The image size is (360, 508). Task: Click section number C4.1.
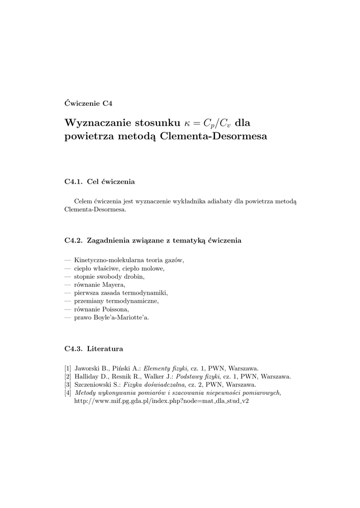point(73,182)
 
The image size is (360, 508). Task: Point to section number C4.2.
point(73,241)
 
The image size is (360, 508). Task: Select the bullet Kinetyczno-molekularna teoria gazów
point(129,260)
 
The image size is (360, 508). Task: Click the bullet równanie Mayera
point(99,285)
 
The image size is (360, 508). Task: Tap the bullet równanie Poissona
point(101,309)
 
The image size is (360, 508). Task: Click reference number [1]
point(68,368)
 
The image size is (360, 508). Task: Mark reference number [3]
point(68,384)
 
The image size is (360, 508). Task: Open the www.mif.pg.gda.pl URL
point(161,401)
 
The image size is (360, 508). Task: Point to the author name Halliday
point(87,377)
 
